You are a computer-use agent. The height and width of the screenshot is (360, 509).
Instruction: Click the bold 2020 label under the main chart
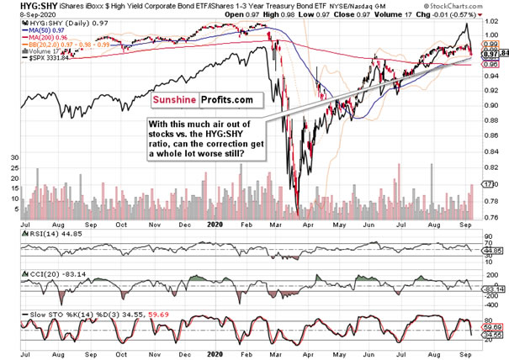click(216, 227)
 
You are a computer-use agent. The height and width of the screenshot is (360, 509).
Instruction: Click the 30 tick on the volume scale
click(13, 157)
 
